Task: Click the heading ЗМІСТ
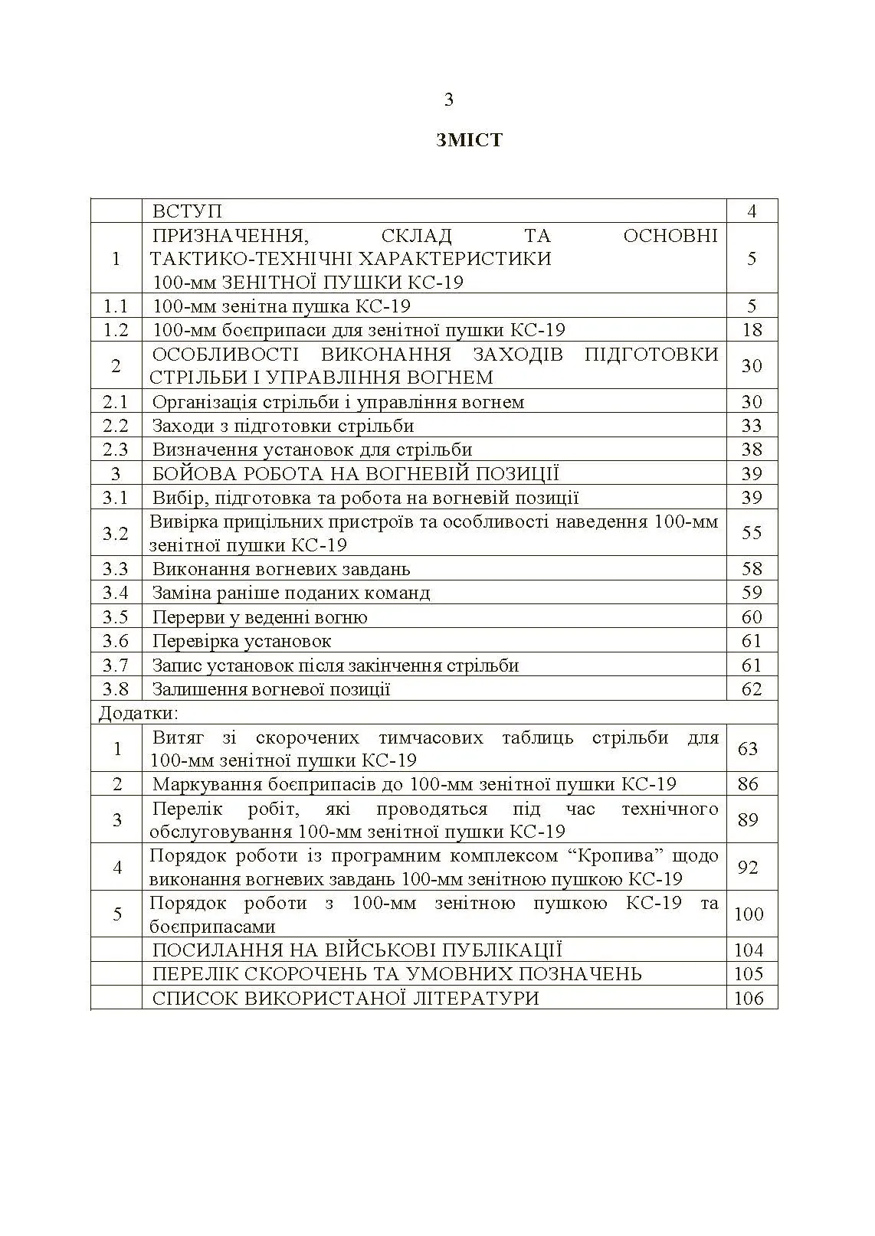click(x=469, y=140)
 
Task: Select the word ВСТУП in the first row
click(x=187, y=211)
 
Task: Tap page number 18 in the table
click(x=752, y=330)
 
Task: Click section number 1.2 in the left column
click(x=116, y=330)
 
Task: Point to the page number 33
click(x=752, y=426)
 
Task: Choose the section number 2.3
click(x=116, y=450)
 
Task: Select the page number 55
click(x=752, y=533)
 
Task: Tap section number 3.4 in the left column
click(x=116, y=593)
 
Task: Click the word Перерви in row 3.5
click(x=185, y=617)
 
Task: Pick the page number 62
click(x=752, y=689)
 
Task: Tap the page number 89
click(x=748, y=820)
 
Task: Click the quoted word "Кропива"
click(x=616, y=855)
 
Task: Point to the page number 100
click(x=749, y=914)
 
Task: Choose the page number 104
click(x=749, y=950)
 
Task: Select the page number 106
click(x=749, y=998)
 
